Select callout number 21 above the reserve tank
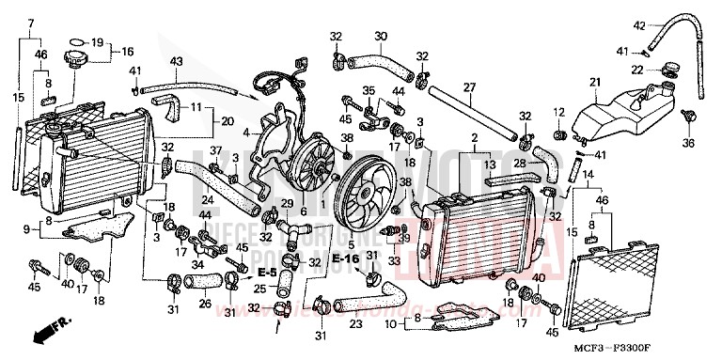pos(593,82)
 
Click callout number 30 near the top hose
pos(380,38)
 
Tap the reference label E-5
pos(268,271)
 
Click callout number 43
pos(175,62)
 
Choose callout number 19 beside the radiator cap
pos(96,43)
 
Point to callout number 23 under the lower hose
pos(356,325)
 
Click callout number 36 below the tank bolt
pos(687,144)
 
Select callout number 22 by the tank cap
pos(636,70)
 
